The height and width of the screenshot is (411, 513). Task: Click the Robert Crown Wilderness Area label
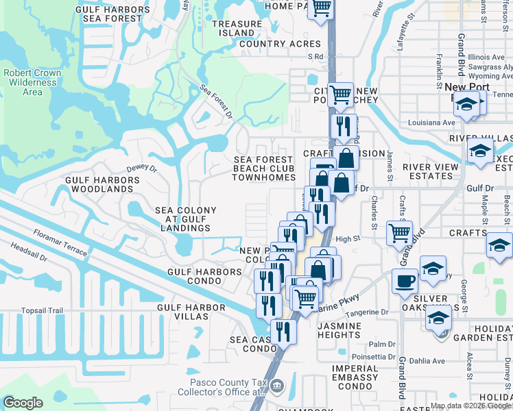pos(32,82)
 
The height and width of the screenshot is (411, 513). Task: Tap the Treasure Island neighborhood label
pos(237,28)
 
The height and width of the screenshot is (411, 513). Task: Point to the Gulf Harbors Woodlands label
pos(102,184)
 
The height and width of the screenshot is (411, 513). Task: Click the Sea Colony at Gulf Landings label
pos(185,219)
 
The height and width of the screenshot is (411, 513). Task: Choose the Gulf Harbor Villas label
pos(191,312)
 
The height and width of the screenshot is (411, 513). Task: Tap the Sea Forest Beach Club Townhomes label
pos(263,169)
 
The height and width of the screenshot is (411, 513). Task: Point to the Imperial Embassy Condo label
pos(355,373)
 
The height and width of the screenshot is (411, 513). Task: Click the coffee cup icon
pos(405,281)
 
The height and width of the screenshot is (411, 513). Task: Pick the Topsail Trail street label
pos(42,310)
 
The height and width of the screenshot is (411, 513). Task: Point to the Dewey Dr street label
pos(142,168)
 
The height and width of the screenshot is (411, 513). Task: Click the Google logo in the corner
pos(23,402)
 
